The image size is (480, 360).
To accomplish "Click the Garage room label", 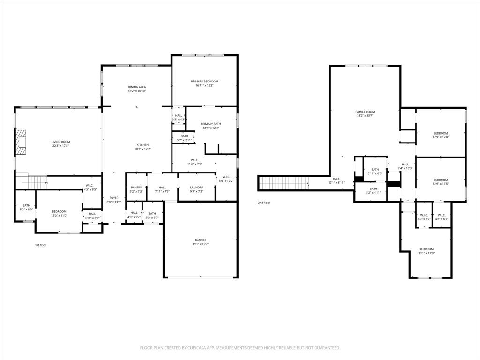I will click(x=201, y=240).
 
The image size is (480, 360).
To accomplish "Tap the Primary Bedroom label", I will click(x=204, y=82).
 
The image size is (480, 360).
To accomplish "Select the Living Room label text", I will click(x=60, y=142).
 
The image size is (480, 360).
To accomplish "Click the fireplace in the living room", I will click(x=21, y=142).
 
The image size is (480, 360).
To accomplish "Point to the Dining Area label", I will click(x=137, y=87).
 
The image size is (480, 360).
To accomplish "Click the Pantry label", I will click(x=136, y=187).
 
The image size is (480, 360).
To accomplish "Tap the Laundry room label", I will click(x=197, y=187).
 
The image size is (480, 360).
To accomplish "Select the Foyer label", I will click(x=114, y=198).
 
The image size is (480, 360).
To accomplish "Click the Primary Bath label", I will click(x=211, y=124).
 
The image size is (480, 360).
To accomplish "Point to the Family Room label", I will click(x=365, y=112).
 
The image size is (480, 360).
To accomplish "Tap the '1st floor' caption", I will click(x=41, y=245).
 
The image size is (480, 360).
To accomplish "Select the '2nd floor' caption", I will click(x=264, y=203).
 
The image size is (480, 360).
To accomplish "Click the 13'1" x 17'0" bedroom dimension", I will click(x=426, y=253).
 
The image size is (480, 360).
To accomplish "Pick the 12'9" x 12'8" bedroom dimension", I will click(x=440, y=137).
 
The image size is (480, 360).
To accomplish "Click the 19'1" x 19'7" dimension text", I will click(x=201, y=244).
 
